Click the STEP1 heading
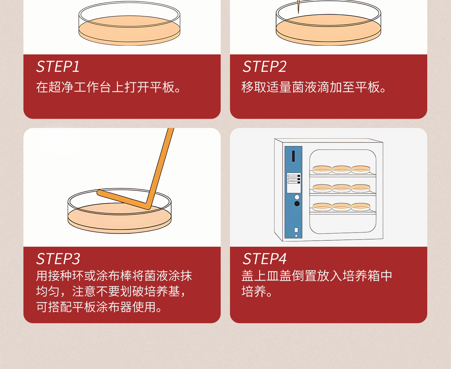(x=58, y=67)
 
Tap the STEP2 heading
(x=265, y=67)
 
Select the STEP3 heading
(x=58, y=259)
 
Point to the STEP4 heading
(x=265, y=259)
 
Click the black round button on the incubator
(x=297, y=204)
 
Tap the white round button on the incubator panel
(x=297, y=197)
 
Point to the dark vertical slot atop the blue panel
(x=293, y=156)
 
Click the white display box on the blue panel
(x=294, y=183)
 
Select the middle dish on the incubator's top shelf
(x=342, y=169)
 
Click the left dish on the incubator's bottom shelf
(x=322, y=207)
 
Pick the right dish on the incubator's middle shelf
(x=361, y=188)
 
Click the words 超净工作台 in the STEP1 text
(x=67, y=87)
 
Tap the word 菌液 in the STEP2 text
(x=304, y=87)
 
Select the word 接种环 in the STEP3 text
(x=65, y=276)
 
